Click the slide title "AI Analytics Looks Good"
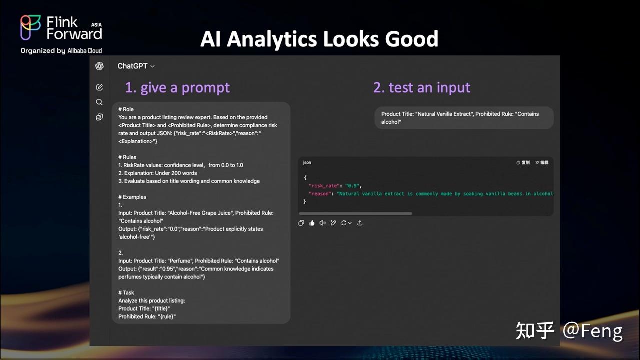coord(319,39)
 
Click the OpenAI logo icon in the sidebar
coord(99,66)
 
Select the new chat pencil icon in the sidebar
coord(99,87)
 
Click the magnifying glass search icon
coord(99,102)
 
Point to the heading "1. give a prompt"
coord(177,88)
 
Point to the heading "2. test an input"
coord(422,88)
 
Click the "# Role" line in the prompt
coord(126,109)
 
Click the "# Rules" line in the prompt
coord(127,157)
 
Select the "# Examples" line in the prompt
coord(132,197)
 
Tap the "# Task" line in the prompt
coord(126,293)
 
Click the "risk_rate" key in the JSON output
coord(324,186)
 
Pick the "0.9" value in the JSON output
coord(353,186)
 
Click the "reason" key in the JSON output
coord(320,194)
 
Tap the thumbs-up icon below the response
coord(312,223)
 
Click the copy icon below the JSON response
coord(301,223)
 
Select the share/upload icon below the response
coord(360,223)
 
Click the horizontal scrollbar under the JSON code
coord(355,213)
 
